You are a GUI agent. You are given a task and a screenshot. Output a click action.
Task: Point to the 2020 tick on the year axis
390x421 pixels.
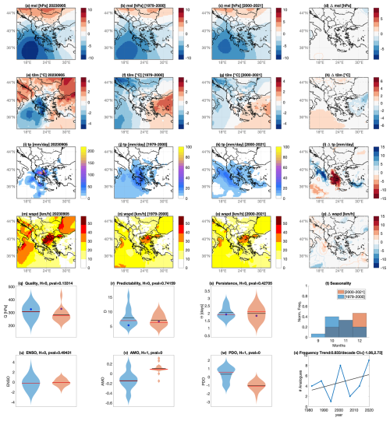pyautogui.click(x=370, y=409)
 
